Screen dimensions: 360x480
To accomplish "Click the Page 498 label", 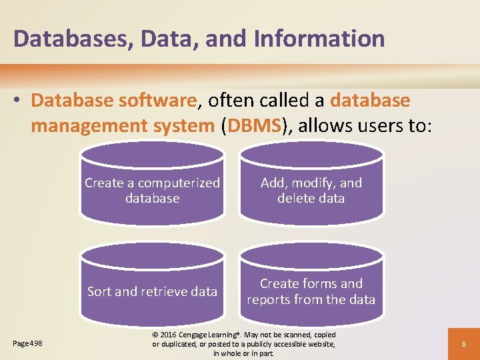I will coord(27,343).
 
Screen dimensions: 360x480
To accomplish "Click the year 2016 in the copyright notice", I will coord(171,335).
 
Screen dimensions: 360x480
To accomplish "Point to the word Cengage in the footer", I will coord(200,335).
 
